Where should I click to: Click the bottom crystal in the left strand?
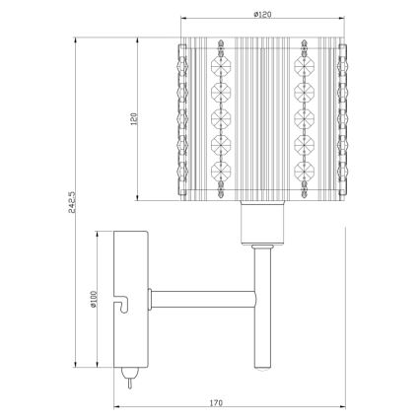point(222,186)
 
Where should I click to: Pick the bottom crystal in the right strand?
point(302,186)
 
